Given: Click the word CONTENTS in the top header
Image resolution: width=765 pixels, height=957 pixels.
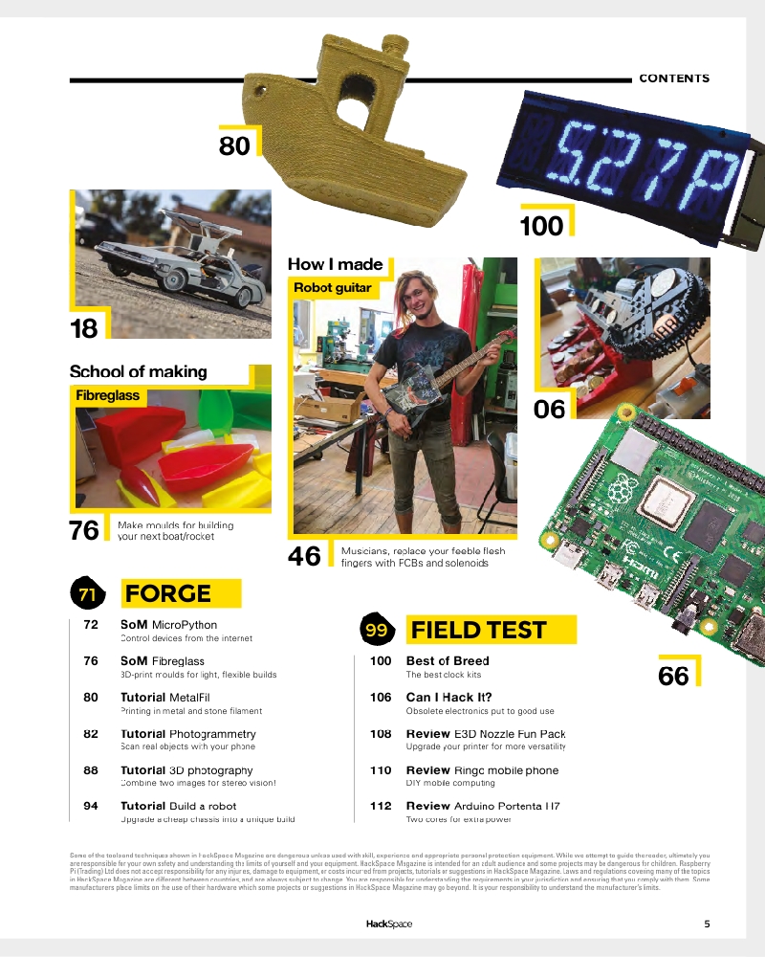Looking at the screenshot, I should click(674, 78).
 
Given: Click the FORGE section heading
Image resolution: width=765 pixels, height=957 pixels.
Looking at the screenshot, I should click(168, 593).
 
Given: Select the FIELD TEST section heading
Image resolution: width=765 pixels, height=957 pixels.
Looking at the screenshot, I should click(478, 630).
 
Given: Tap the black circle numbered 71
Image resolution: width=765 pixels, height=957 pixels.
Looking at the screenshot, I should click(87, 594).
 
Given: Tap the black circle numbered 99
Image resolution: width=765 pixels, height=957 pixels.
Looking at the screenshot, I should click(375, 631).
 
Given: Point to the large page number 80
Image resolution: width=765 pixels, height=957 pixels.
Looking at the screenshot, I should click(234, 145).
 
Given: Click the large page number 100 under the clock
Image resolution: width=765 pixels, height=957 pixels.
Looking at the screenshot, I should click(541, 227).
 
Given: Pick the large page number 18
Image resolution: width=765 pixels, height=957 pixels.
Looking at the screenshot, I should click(84, 329).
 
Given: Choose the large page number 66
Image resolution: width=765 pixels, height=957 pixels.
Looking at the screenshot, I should click(673, 677).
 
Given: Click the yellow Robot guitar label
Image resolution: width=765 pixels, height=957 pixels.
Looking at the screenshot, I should click(332, 287).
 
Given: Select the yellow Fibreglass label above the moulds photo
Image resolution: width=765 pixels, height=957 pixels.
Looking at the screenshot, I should click(108, 394).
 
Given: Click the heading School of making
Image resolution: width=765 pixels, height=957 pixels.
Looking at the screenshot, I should click(138, 371).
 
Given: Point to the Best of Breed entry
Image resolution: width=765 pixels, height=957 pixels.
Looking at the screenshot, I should click(448, 660).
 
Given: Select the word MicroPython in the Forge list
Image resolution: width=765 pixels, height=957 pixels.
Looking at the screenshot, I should click(185, 625).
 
